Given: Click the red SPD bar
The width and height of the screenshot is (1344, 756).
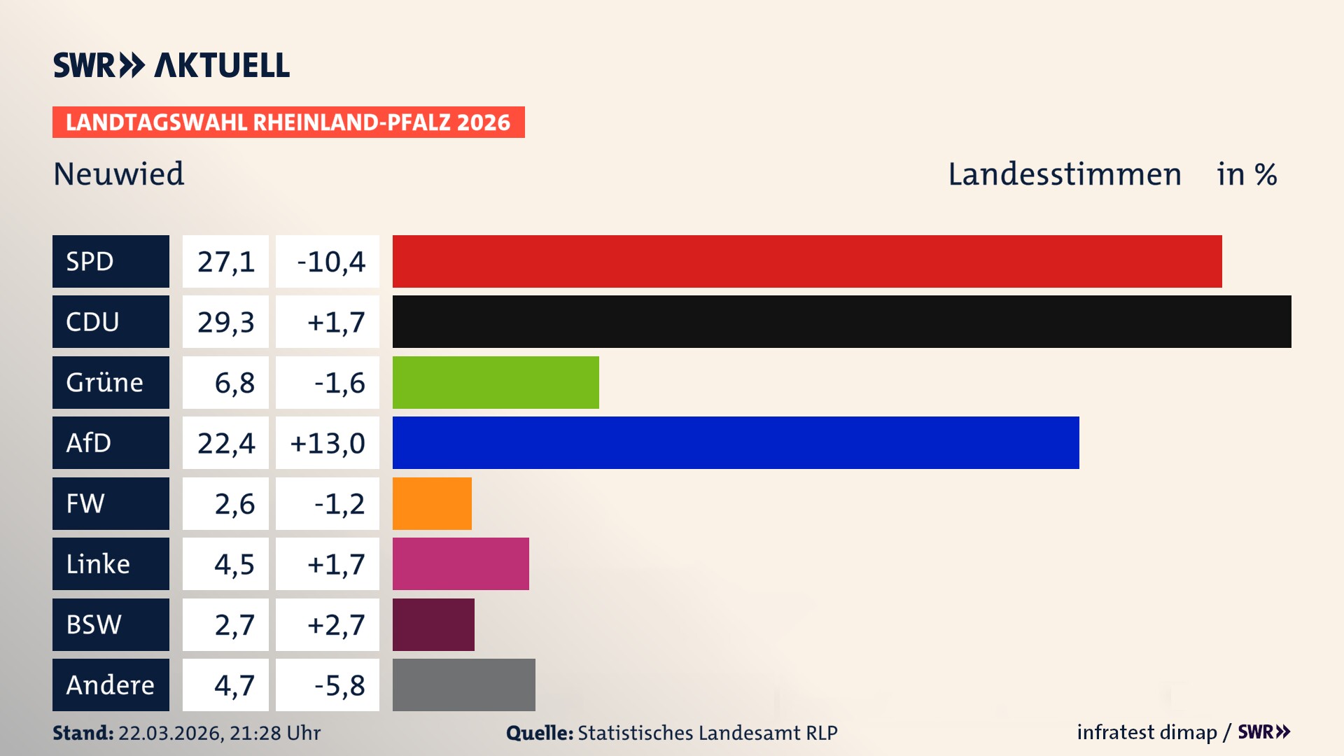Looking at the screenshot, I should (x=806, y=261).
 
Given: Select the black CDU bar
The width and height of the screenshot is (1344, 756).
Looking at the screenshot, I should (x=841, y=321).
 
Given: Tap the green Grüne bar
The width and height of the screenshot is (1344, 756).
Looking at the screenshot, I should (x=496, y=382).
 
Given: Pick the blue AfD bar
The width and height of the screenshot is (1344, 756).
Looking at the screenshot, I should (x=735, y=442).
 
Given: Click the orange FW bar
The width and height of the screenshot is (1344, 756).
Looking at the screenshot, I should (x=432, y=503).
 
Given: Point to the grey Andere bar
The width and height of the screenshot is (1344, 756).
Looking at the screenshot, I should (x=463, y=685).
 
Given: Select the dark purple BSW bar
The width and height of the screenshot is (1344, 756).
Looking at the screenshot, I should (x=433, y=624).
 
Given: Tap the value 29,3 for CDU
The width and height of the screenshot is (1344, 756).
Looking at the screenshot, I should (x=225, y=322).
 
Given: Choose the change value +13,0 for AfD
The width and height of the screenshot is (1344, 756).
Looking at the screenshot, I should (x=328, y=443).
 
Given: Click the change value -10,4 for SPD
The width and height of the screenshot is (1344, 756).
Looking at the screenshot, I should (x=330, y=262).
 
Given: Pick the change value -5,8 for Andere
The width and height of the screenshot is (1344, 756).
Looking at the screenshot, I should (x=339, y=685).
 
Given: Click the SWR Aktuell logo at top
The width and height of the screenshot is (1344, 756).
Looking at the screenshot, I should (x=171, y=65).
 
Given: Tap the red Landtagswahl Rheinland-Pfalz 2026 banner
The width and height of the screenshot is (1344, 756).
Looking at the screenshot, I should (x=288, y=122).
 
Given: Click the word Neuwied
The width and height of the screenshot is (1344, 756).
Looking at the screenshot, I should (x=119, y=174).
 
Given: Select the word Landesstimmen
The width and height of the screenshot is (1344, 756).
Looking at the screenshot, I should (x=1064, y=174).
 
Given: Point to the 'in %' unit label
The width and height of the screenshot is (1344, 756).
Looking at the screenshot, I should (x=1247, y=174).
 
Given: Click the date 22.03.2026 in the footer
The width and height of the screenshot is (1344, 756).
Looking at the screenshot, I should (x=170, y=733).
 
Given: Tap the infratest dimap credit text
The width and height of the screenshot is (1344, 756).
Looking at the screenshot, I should (x=1147, y=732).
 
